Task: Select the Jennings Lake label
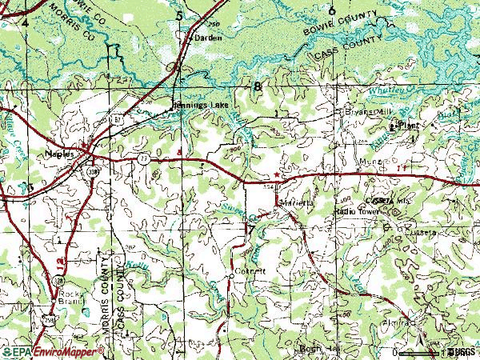195,104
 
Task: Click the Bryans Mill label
365,113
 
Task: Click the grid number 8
257,86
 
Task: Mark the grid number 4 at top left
25,23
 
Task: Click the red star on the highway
278,174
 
